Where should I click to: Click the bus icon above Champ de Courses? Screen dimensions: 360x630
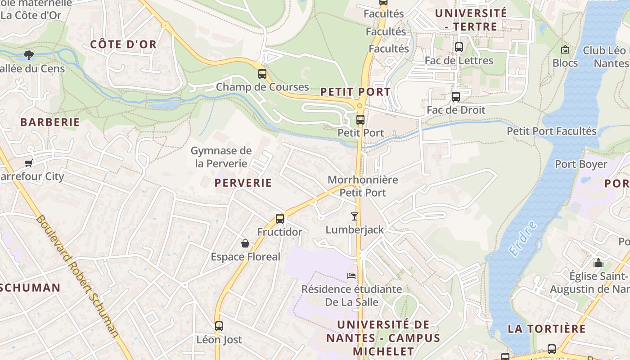click(x=262, y=74)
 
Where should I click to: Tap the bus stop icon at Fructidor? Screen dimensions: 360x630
click(x=280, y=219)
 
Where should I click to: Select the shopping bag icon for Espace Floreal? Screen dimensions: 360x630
click(x=245, y=243)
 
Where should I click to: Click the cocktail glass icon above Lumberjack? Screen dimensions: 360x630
click(x=355, y=216)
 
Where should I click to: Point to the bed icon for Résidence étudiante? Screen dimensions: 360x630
click(x=351, y=275)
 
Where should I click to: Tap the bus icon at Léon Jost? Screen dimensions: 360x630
click(x=219, y=326)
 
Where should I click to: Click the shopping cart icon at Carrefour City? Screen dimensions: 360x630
click(x=29, y=163)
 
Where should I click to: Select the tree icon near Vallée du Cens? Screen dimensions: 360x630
click(x=29, y=55)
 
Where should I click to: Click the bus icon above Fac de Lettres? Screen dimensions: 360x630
click(x=459, y=47)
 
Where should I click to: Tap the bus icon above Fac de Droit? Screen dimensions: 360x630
click(x=456, y=97)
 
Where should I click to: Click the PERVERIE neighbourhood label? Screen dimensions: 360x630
click(x=243, y=183)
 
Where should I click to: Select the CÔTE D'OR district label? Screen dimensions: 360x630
click(x=123, y=44)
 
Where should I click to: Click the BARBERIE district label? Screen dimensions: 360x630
click(x=50, y=122)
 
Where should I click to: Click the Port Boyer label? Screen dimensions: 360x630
click(x=581, y=164)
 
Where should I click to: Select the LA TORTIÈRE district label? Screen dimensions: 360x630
click(x=547, y=328)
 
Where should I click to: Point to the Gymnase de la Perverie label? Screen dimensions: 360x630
click(x=221, y=157)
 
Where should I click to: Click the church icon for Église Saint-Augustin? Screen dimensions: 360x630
click(x=598, y=262)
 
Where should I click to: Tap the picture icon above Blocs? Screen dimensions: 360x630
click(x=565, y=49)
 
